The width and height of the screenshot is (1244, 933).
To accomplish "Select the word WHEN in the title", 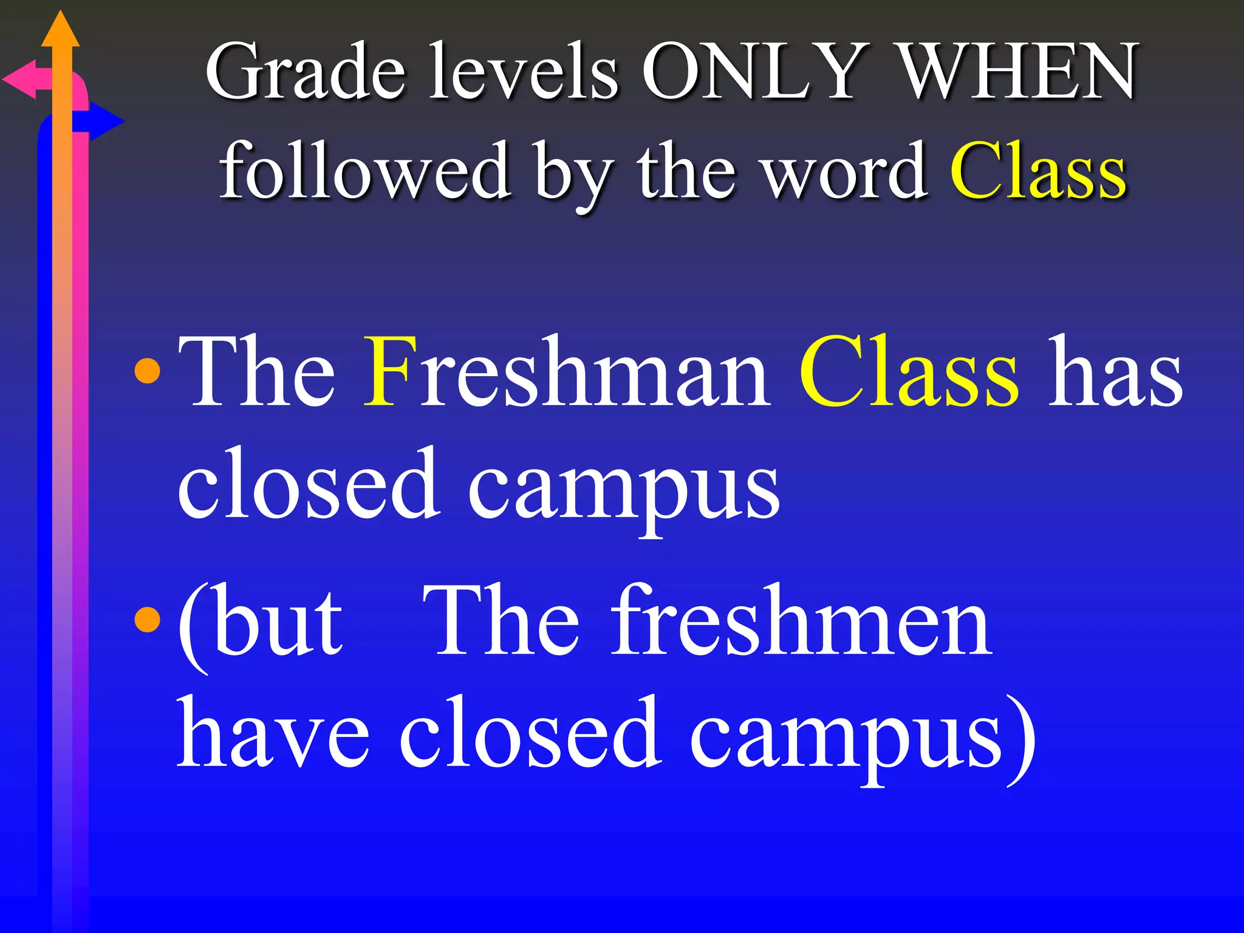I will (x=1017, y=71).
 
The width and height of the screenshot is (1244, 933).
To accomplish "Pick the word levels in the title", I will (x=524, y=71).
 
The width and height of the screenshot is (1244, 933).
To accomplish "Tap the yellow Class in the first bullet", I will (x=909, y=372).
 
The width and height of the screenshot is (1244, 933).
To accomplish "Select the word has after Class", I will (x=1115, y=372).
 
